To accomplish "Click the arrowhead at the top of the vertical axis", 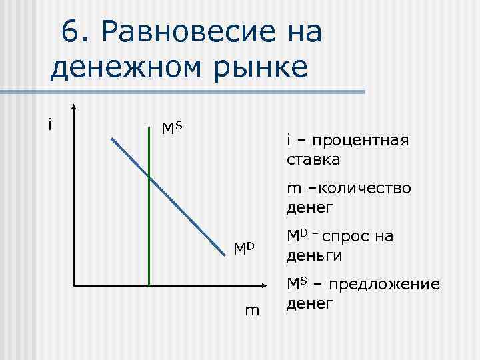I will point(74,107).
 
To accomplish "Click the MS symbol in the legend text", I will point(297,284).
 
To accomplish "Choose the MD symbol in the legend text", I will point(297,237).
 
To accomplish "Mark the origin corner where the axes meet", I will point(74,285).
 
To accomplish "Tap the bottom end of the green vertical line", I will point(149,285).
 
